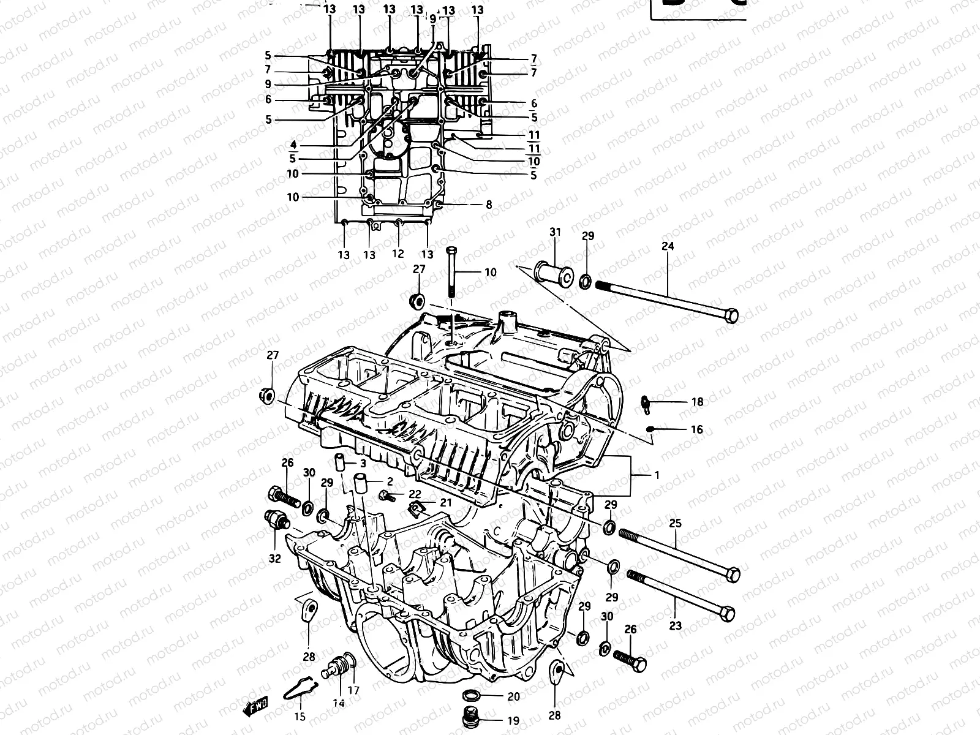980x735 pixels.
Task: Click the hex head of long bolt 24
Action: click(x=730, y=316)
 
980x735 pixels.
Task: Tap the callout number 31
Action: click(x=555, y=232)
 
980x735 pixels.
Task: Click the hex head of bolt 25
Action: click(x=732, y=574)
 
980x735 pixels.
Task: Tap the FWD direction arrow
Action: click(x=256, y=709)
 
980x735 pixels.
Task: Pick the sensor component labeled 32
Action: click(x=277, y=520)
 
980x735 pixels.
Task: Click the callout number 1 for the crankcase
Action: click(x=657, y=492)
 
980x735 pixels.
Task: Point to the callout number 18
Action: click(x=697, y=402)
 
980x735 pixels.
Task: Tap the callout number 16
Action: click(x=697, y=430)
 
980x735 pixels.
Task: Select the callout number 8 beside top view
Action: click(x=489, y=205)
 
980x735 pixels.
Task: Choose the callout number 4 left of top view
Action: click(x=293, y=145)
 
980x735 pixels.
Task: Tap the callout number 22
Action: click(x=415, y=494)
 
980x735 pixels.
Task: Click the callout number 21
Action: click(x=445, y=502)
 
